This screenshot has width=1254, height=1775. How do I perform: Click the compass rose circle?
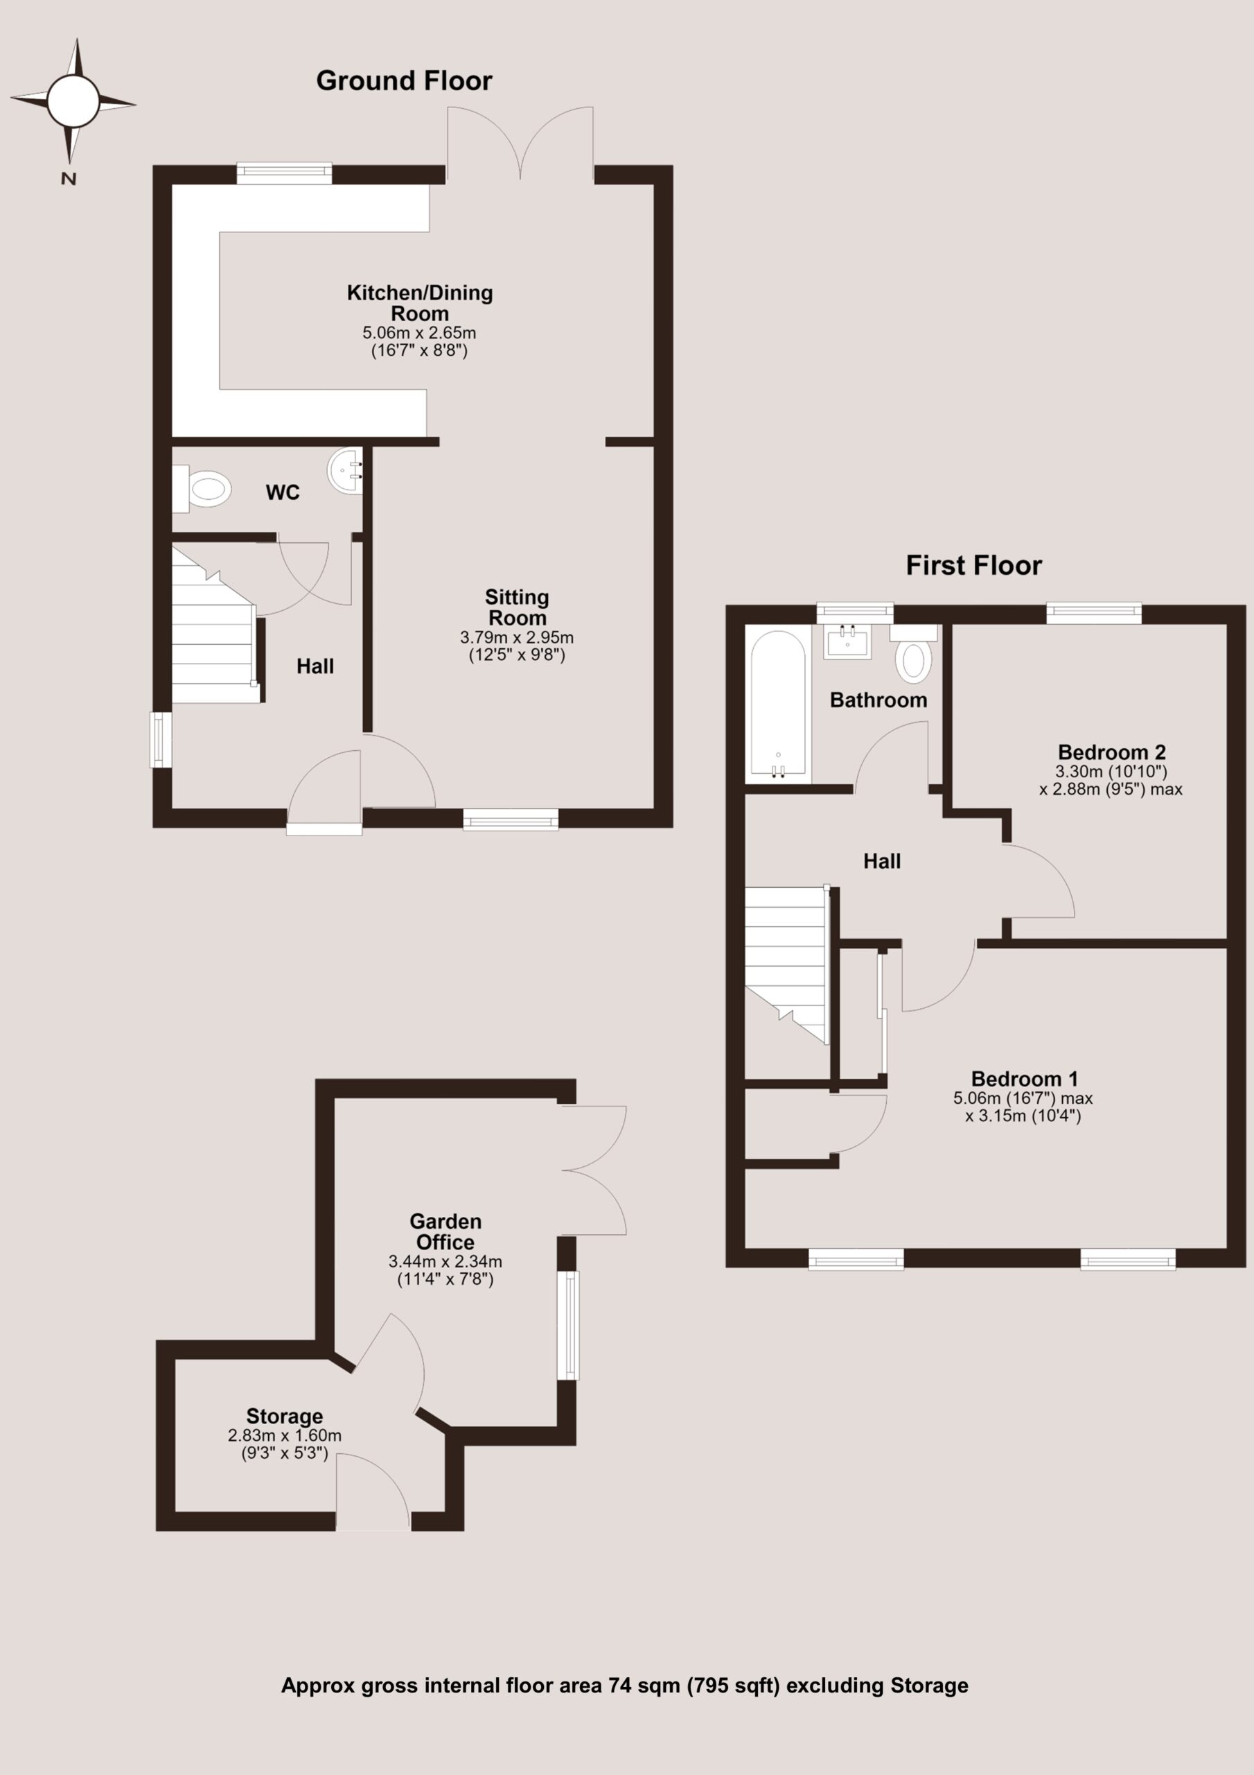pos(73,101)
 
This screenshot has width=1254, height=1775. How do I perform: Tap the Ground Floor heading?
pos(404,81)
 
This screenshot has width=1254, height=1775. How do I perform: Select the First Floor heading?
pos(973,565)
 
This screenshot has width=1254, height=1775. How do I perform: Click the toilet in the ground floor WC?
pos(202,488)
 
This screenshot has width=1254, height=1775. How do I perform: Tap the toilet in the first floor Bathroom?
pos(913,653)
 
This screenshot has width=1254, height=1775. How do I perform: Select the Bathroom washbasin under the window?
pos(847,641)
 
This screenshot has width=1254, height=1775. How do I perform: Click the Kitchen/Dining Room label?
pos(420,303)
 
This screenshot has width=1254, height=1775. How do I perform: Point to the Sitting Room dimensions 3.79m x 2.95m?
pos(517,638)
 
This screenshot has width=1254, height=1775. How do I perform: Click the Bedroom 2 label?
pos(1111,752)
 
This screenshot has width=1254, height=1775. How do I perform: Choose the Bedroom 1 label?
pos(1025,1078)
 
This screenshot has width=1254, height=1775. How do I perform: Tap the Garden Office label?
pos(445,1231)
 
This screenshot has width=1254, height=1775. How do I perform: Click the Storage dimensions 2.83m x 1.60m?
pos(284,1435)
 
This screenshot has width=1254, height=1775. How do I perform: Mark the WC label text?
pos(283,492)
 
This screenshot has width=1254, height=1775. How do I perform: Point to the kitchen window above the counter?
pos(284,173)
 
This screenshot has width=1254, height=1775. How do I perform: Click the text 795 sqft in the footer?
pos(733,1686)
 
